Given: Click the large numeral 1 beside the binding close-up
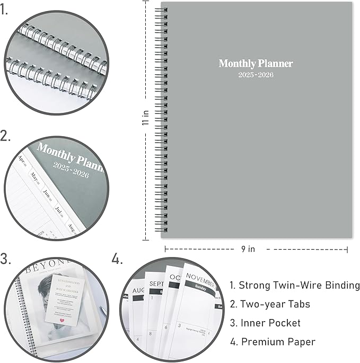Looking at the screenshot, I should [x=4, y=10].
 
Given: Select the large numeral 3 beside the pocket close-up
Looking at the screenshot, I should [x=6, y=259].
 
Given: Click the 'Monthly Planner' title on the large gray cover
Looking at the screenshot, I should [x=256, y=64].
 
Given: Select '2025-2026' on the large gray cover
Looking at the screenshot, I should [x=256, y=75].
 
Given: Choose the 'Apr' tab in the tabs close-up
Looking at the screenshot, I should [x=22, y=158].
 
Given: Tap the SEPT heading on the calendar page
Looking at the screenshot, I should [x=156, y=284].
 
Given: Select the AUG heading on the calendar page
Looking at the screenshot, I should [x=138, y=291].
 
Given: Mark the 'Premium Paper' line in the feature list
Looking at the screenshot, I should [x=278, y=342].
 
